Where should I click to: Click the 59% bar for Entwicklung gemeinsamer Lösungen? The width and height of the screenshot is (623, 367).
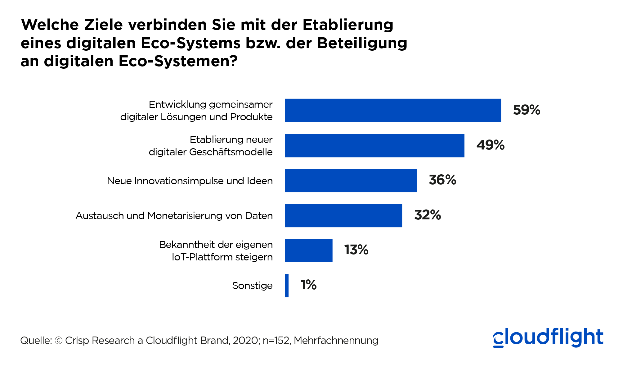(x=392, y=110)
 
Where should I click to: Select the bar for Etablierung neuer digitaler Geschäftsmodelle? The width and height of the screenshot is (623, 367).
(x=374, y=145)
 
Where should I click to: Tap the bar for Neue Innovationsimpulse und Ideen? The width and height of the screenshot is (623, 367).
(x=351, y=181)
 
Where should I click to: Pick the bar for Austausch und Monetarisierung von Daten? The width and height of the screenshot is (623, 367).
(x=343, y=215)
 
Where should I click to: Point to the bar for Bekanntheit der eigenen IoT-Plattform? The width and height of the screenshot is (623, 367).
(x=308, y=250)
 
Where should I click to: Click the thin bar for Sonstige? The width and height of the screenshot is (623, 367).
(x=287, y=285)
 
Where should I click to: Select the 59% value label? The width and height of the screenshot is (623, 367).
(x=527, y=110)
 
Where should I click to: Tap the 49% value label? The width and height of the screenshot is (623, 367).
(x=490, y=145)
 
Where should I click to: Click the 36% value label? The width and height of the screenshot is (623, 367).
(x=442, y=180)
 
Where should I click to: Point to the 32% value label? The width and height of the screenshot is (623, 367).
(x=428, y=215)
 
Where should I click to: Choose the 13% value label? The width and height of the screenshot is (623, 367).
(x=356, y=250)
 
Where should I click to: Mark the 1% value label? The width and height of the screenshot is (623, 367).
(x=308, y=285)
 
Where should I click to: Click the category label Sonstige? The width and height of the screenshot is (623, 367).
(x=252, y=286)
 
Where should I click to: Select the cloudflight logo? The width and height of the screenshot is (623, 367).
(x=548, y=337)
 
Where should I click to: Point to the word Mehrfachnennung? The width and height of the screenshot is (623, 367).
(x=336, y=341)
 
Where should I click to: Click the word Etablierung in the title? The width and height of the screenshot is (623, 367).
(x=348, y=25)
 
